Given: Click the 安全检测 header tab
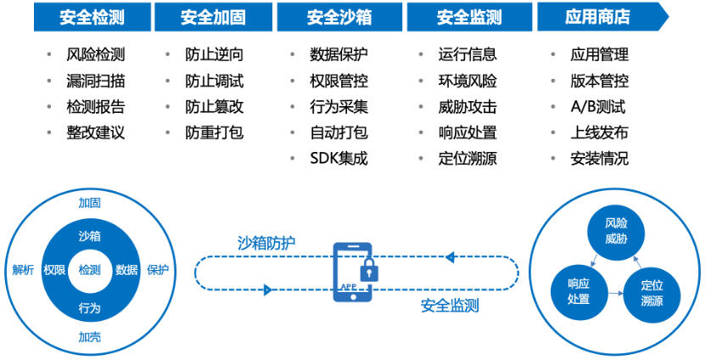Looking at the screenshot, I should tap(92, 17).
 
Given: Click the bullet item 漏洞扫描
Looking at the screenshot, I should tap(95, 82).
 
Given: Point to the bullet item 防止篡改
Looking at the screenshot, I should tap(214, 107).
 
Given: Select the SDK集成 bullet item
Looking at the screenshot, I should tap(339, 159).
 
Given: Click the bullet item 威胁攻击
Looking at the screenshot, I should tap(468, 107).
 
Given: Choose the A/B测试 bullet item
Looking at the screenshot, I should tap(598, 107).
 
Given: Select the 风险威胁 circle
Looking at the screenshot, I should tap(616, 231).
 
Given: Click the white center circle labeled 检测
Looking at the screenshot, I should tap(89, 270).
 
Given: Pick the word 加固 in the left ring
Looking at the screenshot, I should tap(89, 204).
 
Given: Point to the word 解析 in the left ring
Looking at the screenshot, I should tap(23, 270).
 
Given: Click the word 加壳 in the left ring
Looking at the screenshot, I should tap(89, 337).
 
